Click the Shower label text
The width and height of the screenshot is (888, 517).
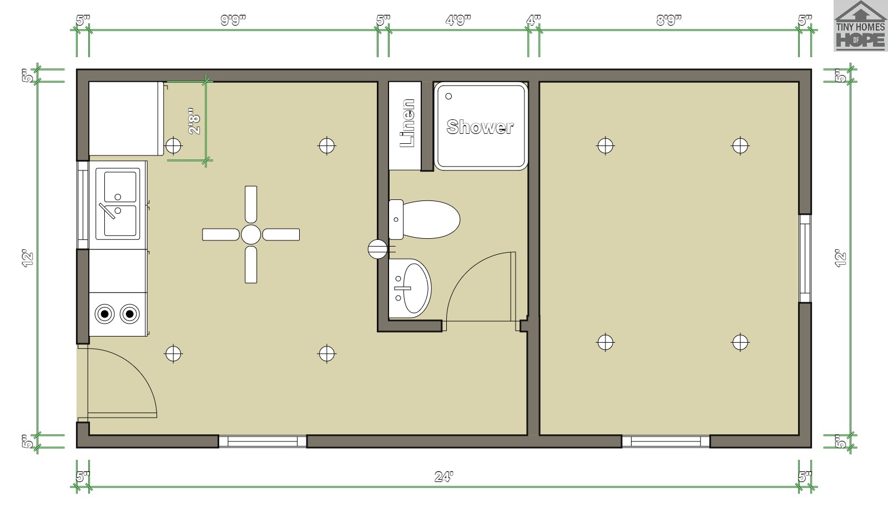(480, 127)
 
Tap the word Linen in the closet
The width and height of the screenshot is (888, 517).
(407, 123)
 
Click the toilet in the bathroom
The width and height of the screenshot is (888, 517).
(424, 219)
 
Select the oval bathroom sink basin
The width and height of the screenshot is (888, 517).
(416, 288)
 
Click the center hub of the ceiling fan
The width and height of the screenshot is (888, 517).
(251, 234)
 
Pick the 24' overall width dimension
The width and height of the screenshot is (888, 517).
(444, 476)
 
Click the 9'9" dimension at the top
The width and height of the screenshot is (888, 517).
(233, 20)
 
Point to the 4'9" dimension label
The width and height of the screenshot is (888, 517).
(458, 20)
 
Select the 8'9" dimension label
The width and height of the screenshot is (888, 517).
(669, 20)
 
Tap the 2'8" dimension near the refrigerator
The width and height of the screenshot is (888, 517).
(194, 121)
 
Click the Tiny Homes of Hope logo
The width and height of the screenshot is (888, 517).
(860, 26)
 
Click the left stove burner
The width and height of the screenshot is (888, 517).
(105, 314)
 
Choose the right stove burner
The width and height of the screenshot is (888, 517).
(130, 314)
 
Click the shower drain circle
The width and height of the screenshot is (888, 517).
(449, 96)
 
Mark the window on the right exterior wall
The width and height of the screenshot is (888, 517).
(805, 259)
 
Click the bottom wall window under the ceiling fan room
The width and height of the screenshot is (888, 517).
(263, 441)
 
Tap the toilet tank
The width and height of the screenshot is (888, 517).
(396, 219)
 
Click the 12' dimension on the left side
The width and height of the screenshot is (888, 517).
(28, 258)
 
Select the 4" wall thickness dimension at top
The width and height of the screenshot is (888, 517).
(533, 20)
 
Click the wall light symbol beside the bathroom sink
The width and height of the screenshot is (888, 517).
(377, 249)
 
